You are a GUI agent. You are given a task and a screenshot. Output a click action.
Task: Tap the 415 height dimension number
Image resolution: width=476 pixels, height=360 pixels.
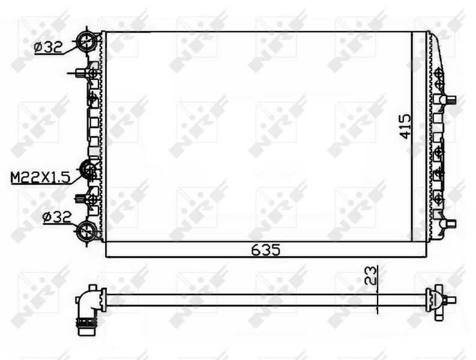(x=405, y=127)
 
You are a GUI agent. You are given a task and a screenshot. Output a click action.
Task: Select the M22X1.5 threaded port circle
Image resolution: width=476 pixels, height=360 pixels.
(x=89, y=170)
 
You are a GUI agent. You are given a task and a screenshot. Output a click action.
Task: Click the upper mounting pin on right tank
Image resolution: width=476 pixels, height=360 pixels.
(x=449, y=100)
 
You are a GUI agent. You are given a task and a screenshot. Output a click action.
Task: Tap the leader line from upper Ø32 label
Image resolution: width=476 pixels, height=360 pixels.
(x=71, y=46)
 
